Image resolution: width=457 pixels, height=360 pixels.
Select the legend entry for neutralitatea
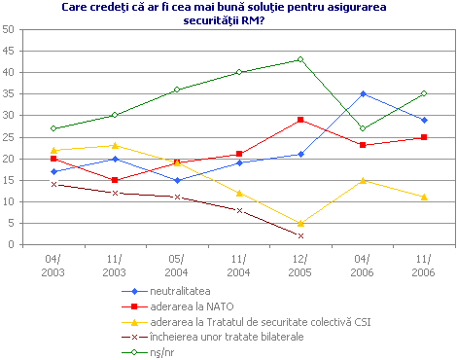click(x=175, y=290)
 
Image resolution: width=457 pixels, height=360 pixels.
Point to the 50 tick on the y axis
click(x=18, y=29)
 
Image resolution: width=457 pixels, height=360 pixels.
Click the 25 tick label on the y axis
click(x=18, y=137)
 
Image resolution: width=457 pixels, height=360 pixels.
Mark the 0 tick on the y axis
click(x=21, y=244)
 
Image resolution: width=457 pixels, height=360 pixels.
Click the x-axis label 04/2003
click(x=53, y=264)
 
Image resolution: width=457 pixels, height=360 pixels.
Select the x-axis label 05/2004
click(x=177, y=264)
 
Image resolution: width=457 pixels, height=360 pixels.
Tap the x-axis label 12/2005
click(x=300, y=264)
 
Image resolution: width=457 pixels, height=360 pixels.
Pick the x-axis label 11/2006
click(x=424, y=264)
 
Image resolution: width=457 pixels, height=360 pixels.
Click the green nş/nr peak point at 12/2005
click(x=300, y=59)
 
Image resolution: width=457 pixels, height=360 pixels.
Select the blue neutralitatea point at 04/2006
click(x=363, y=93)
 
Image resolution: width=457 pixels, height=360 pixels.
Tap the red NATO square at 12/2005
click(x=300, y=120)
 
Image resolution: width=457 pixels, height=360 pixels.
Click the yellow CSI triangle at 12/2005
click(x=300, y=223)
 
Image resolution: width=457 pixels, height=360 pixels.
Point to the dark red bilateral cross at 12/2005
click(x=300, y=235)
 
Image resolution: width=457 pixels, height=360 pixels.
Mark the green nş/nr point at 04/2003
click(x=53, y=128)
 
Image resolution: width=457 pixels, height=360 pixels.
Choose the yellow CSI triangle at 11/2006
click(x=424, y=197)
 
